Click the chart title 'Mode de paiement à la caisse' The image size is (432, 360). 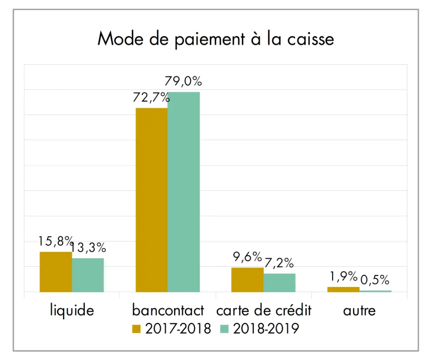coord(216,39)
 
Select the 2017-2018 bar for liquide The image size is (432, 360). coord(56,272)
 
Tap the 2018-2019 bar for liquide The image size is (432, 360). coord(88,275)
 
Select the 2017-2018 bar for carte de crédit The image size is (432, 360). coord(247,280)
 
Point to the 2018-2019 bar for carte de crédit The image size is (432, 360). coord(279,283)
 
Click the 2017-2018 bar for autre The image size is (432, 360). coord(343,289)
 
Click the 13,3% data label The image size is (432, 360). coord(88,248)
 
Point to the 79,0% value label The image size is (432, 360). coord(184,81)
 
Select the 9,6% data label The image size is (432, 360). coord(247,257)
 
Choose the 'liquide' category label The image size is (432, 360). coord(72,310)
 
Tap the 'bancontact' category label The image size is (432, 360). coord(168,310)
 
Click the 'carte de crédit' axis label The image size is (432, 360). coord(264,310)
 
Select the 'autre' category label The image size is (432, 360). coord(359,310)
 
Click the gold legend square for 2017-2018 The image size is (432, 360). coord(137,329)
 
